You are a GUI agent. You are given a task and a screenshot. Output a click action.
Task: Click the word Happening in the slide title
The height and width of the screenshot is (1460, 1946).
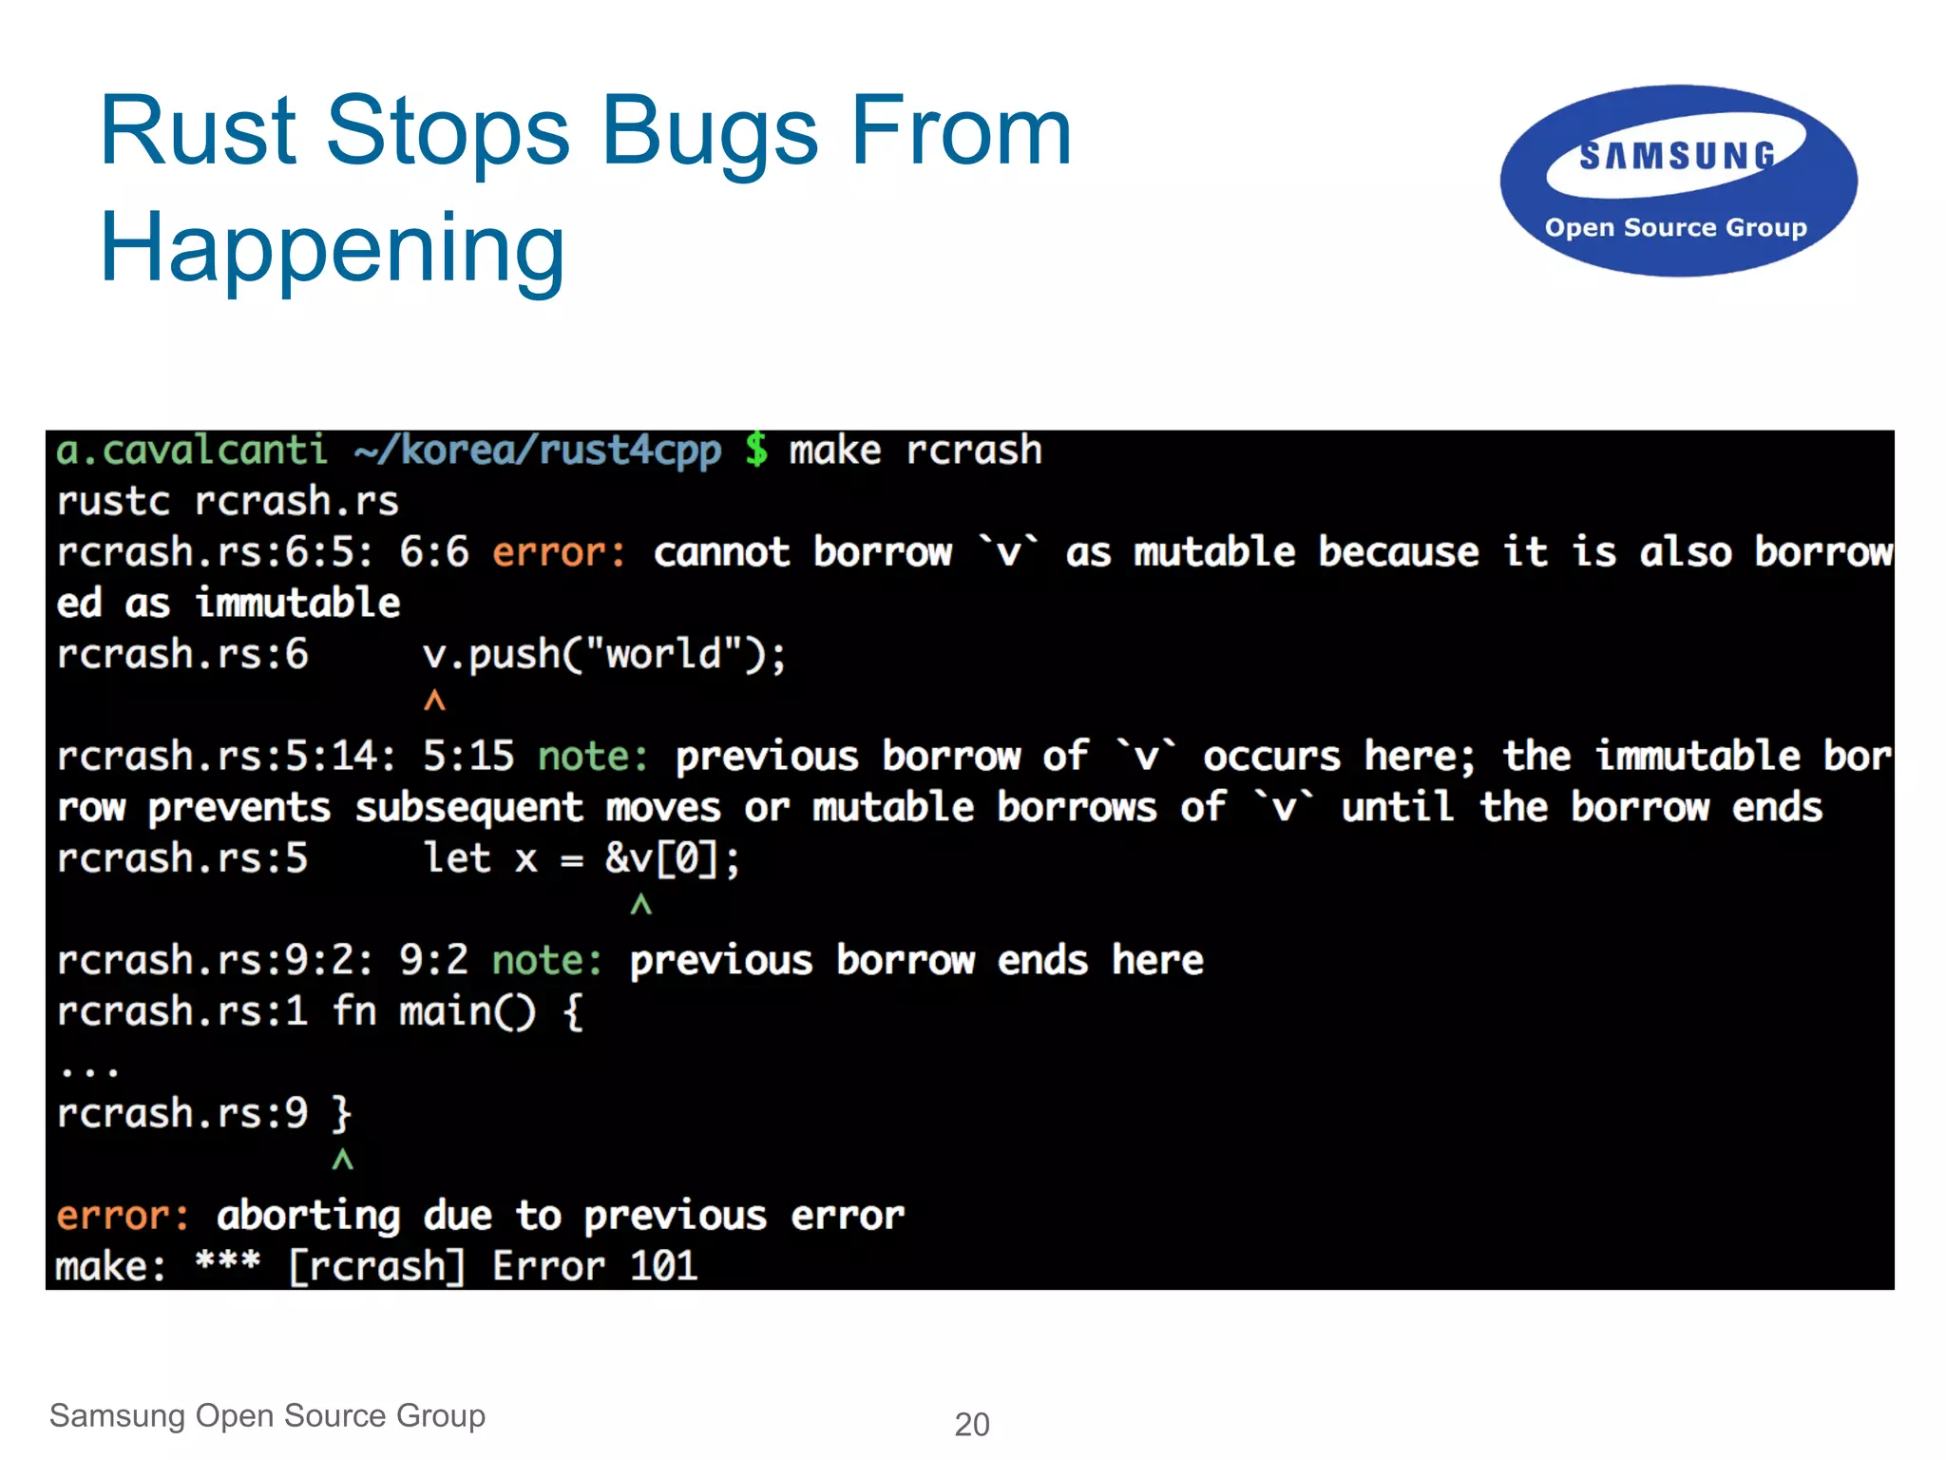(332, 249)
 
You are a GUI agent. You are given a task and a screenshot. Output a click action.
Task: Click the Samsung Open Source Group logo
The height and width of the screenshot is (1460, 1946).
(1678, 182)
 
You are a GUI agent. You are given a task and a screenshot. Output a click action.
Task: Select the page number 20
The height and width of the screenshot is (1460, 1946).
(971, 1424)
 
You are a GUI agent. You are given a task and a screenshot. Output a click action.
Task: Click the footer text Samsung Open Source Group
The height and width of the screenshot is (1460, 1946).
(267, 1415)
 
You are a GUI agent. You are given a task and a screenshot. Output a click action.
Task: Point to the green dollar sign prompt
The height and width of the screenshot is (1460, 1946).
(756, 450)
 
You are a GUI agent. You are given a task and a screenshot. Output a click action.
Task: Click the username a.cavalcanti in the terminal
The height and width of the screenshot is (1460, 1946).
(191, 450)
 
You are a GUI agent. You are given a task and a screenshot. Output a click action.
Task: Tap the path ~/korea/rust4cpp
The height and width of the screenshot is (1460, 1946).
(537, 450)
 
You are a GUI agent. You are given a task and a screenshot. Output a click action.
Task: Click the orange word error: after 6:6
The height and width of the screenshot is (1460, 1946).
(559, 552)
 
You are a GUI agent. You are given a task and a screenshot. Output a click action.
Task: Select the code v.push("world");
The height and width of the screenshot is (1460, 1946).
(604, 654)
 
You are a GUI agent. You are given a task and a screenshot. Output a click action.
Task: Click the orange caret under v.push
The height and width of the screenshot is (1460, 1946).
(434, 701)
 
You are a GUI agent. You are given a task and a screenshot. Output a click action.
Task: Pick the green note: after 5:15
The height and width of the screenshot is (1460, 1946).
(593, 757)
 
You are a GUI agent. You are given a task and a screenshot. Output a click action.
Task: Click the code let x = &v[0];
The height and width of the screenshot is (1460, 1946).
(581, 858)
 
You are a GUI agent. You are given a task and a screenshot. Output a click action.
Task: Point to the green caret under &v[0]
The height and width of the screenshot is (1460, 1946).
(641, 905)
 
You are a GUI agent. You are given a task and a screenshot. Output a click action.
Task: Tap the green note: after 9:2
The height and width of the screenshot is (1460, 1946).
(547, 960)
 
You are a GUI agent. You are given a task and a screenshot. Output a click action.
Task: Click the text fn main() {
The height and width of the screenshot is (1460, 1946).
(457, 1011)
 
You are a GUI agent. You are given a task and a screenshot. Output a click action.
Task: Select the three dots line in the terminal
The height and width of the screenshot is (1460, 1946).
(88, 1070)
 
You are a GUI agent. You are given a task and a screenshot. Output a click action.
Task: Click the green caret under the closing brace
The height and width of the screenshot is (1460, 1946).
(342, 1160)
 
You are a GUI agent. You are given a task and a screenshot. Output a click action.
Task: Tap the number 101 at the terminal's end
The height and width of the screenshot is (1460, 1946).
(663, 1266)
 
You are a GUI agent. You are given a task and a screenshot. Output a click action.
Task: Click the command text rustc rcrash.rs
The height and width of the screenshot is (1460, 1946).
(227, 501)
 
